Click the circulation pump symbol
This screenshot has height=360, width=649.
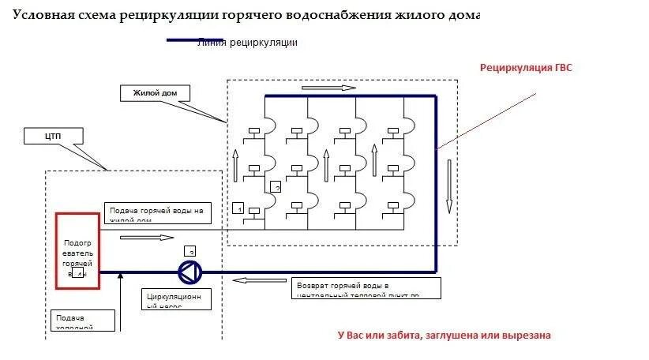click(189, 272)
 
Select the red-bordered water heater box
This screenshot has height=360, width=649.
click(77, 250)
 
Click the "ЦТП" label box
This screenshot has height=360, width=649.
click(54, 137)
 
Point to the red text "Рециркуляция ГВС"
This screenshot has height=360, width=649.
click(526, 68)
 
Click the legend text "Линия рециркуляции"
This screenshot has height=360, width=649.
click(248, 43)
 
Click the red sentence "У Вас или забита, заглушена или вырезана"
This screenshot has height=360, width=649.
click(444, 336)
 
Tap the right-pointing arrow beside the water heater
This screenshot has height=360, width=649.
click(146, 237)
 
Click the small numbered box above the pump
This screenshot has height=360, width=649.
click(190, 250)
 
